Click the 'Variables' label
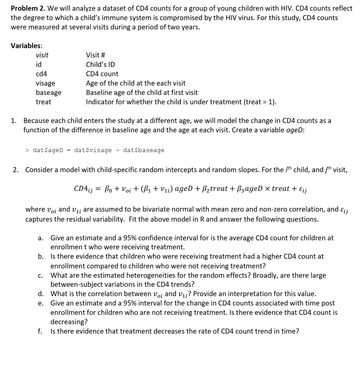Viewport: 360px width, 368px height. pyautogui.click(x=26, y=45)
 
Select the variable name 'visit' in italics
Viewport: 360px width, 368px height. pyautogui.click(x=42, y=55)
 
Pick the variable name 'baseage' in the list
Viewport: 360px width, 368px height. pyautogui.click(x=48, y=93)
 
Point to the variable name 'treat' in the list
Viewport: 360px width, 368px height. pyautogui.click(x=43, y=102)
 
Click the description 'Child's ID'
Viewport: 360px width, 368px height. pyautogui.click(x=100, y=65)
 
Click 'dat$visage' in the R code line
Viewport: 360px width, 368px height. pyautogui.click(x=93, y=150)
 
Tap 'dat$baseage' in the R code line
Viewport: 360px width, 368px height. pyautogui.click(x=144, y=150)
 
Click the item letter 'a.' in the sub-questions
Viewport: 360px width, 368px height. pyautogui.click(x=40, y=238)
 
